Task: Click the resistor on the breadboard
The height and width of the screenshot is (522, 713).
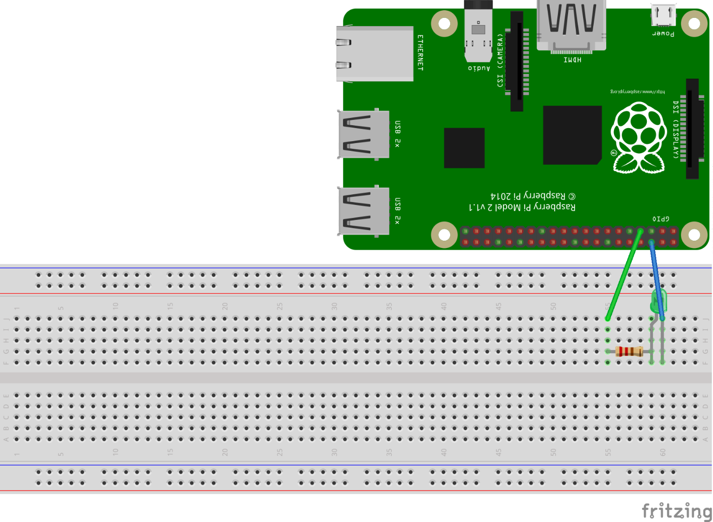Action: click(x=629, y=351)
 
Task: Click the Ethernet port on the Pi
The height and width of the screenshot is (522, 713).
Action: click(x=374, y=54)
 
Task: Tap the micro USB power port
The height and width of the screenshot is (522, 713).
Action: click(x=663, y=15)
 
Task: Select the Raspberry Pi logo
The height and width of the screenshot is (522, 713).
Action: click(x=639, y=138)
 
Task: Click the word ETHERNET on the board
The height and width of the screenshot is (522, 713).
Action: click(x=420, y=53)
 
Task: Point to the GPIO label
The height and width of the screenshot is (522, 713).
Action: click(x=661, y=219)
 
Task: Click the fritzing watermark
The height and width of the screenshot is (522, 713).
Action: click(x=677, y=510)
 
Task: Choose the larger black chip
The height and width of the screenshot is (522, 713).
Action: click(x=572, y=135)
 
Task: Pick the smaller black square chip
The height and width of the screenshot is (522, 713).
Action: click(x=464, y=148)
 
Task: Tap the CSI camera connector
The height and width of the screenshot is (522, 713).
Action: click(x=517, y=61)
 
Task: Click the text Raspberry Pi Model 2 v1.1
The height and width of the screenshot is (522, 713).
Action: click(x=522, y=207)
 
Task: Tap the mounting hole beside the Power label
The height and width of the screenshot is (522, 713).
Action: click(x=694, y=23)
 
